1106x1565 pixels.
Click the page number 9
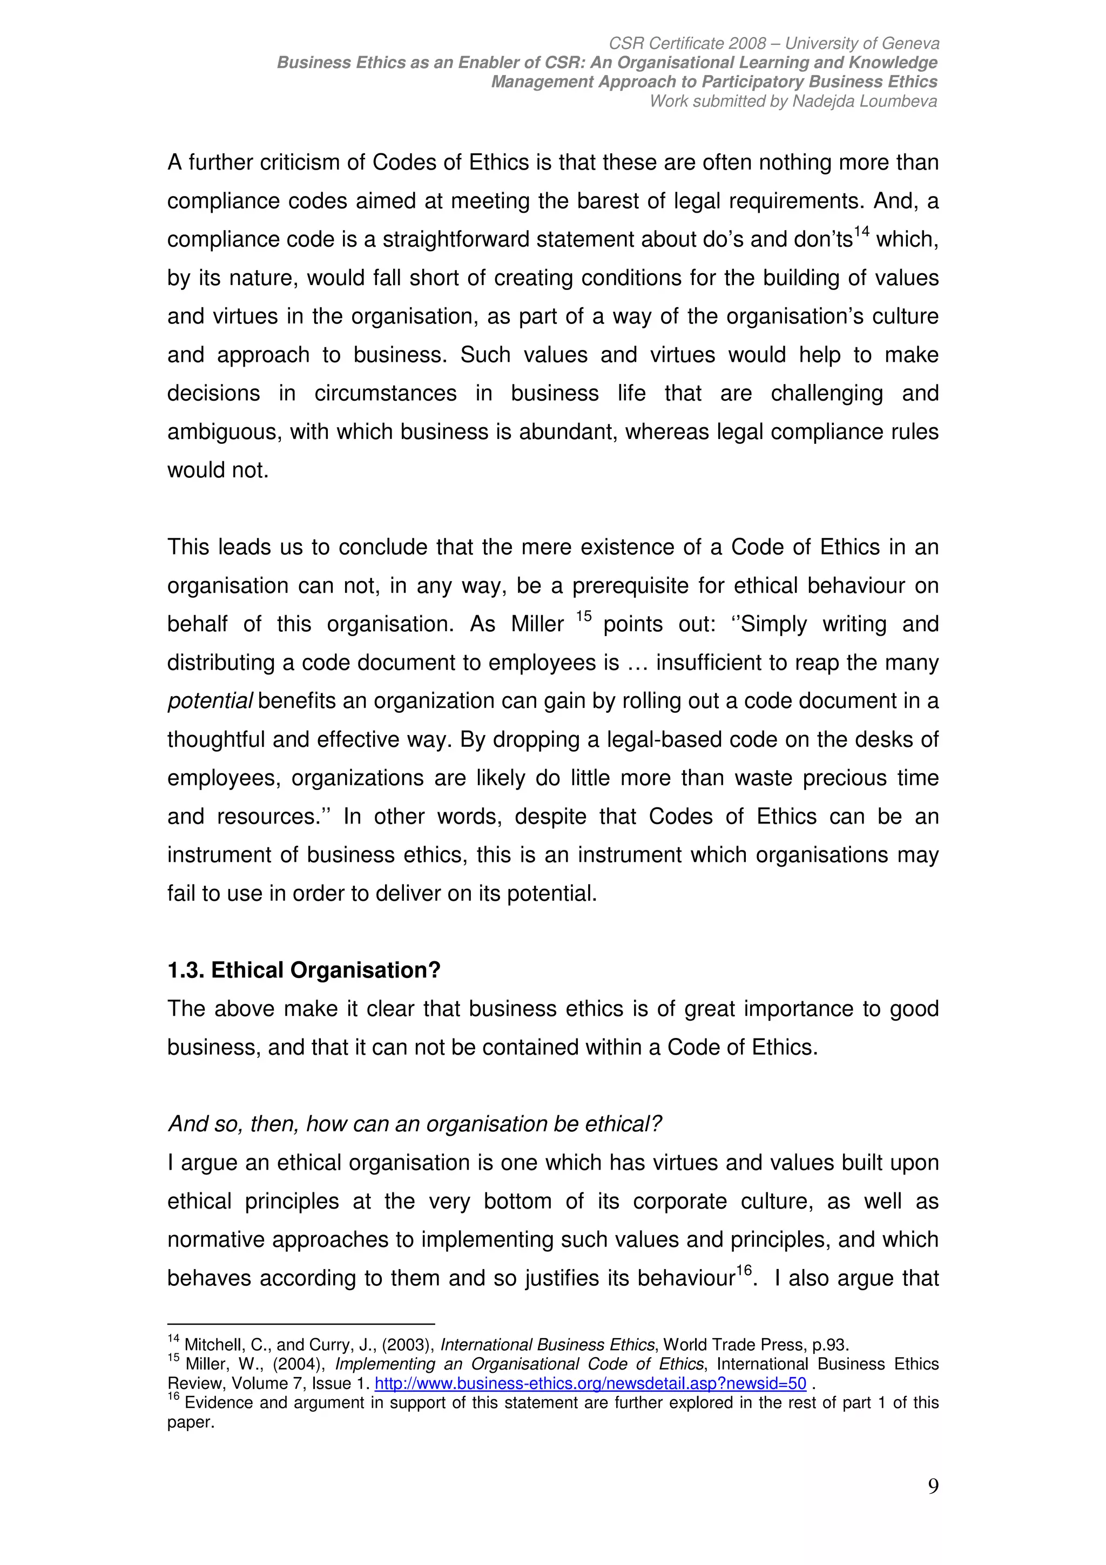pyautogui.click(x=933, y=1486)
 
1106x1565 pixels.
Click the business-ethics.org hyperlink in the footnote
pyautogui.click(x=590, y=1383)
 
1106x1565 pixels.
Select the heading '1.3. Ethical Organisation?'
pyautogui.click(x=304, y=970)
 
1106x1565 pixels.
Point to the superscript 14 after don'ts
pyautogui.click(x=861, y=232)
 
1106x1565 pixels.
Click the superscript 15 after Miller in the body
pyautogui.click(x=583, y=616)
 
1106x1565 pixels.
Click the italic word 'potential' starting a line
pyautogui.click(x=210, y=701)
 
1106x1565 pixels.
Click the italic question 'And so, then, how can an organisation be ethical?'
pyautogui.click(x=414, y=1124)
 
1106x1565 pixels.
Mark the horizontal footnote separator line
pyautogui.click(x=300, y=1324)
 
